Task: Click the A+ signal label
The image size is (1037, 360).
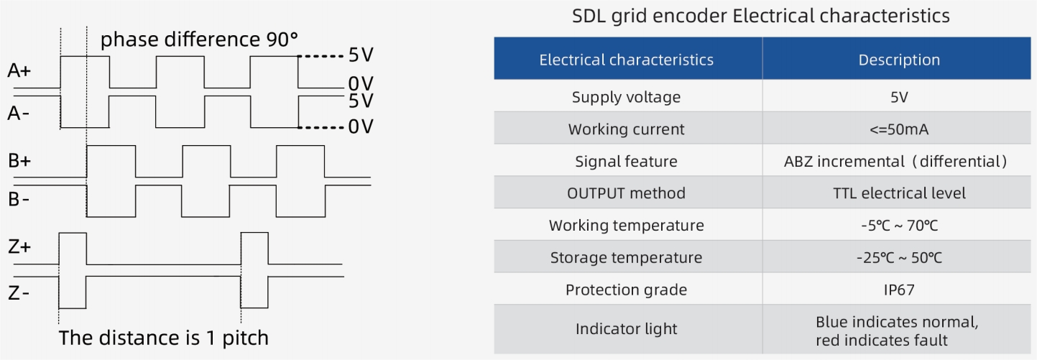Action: click(x=19, y=70)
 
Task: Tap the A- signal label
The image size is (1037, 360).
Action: click(x=18, y=113)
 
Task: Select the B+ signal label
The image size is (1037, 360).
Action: click(x=19, y=160)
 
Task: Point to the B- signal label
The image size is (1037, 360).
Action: click(x=19, y=199)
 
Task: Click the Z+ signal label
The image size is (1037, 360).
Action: click(x=19, y=246)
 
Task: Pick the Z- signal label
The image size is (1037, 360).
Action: click(x=19, y=293)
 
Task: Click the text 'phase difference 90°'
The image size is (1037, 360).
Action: click(x=199, y=40)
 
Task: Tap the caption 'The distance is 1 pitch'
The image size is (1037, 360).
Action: click(x=163, y=338)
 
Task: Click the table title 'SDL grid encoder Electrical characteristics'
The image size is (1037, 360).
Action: click(x=760, y=17)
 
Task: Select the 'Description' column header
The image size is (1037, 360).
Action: click(x=899, y=60)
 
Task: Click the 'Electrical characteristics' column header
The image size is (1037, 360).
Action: click(x=627, y=60)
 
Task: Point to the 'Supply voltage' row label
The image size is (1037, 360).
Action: click(x=627, y=97)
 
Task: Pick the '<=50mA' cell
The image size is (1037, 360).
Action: click(x=899, y=129)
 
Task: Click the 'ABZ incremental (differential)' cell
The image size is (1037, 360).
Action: click(x=895, y=162)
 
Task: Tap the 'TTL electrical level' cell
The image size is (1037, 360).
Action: click(x=899, y=193)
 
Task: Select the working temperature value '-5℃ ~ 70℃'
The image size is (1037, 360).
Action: click(x=899, y=226)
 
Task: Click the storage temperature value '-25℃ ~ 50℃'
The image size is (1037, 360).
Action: click(x=899, y=257)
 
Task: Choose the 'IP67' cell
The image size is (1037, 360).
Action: click(x=899, y=290)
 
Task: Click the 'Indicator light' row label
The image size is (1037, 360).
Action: click(x=627, y=329)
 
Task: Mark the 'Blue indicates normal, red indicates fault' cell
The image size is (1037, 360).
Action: click(x=897, y=331)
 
